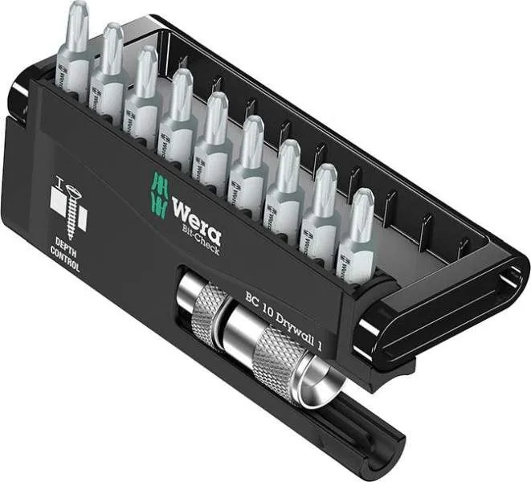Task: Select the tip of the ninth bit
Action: coord(362,201)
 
